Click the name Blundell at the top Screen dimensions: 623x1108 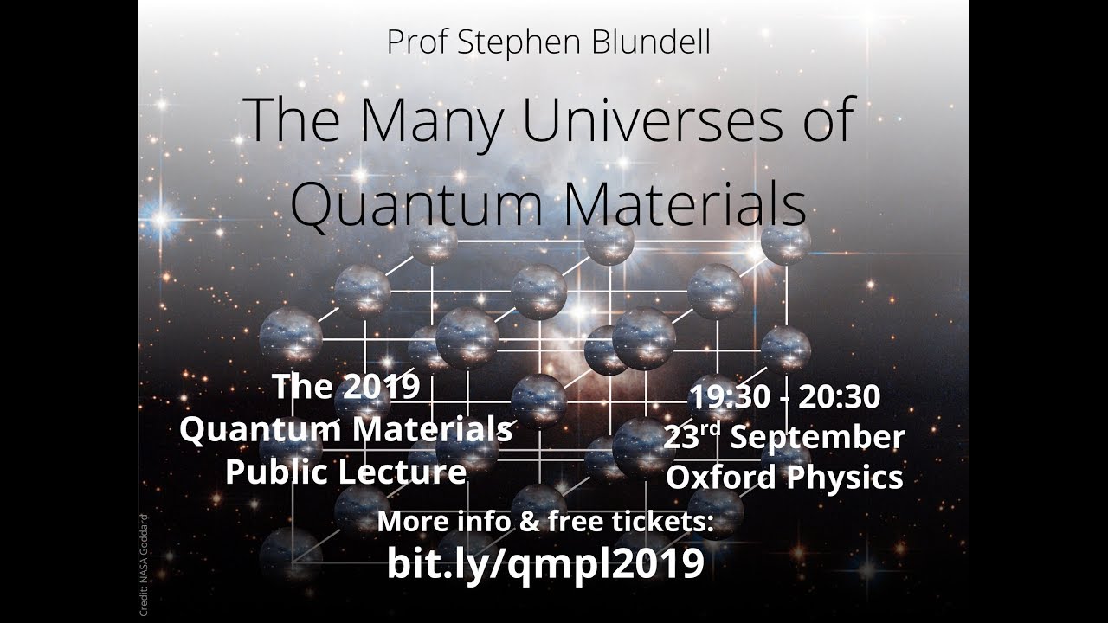click(654, 42)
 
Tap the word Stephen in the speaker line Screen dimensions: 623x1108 click(530, 42)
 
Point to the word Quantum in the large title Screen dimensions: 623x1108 click(415, 204)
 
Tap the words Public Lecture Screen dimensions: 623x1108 click(345, 472)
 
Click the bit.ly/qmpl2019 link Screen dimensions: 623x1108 click(544, 564)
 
